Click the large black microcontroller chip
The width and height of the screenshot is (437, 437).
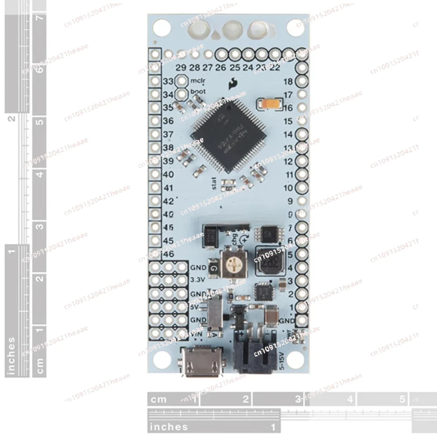click(229, 134)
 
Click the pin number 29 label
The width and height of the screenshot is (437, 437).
click(180, 67)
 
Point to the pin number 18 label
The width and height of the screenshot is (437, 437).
click(288, 82)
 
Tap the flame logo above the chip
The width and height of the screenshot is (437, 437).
click(232, 84)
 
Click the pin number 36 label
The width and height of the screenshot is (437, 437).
click(168, 121)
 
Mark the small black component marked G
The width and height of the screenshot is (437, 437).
click(213, 268)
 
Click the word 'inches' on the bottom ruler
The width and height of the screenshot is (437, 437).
click(168, 427)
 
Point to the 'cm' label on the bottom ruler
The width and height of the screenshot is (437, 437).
click(158, 399)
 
